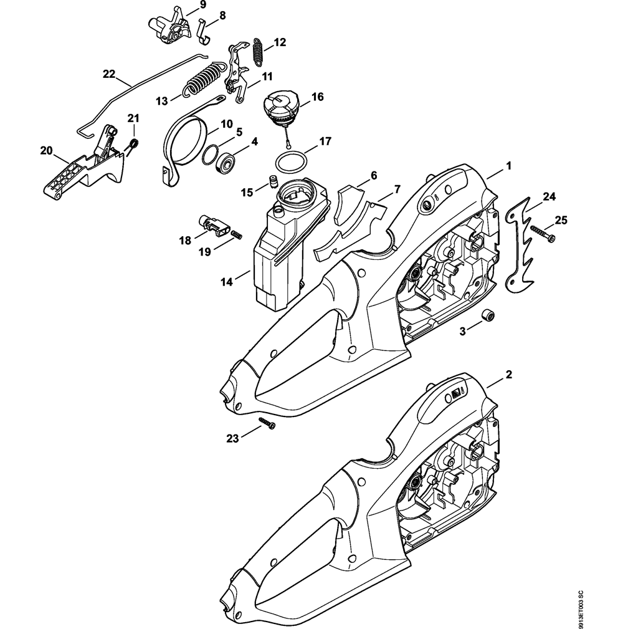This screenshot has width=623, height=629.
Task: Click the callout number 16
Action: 317,97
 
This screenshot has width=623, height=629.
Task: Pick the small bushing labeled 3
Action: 490,316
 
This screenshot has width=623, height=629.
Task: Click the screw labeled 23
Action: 267,425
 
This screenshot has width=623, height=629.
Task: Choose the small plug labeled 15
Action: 272,181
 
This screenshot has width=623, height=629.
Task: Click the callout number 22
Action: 109,74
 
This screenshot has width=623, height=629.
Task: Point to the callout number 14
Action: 227,282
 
